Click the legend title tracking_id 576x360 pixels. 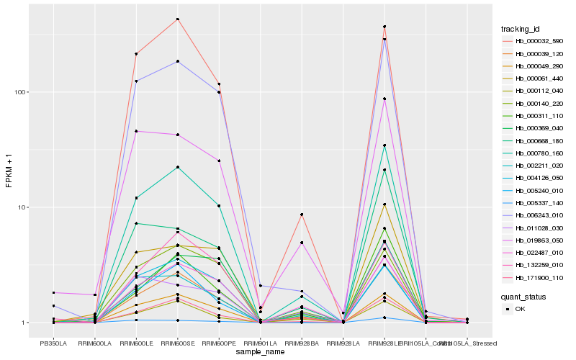click(521, 29)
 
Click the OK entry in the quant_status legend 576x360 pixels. click(520, 309)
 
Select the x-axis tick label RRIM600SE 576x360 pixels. click(177, 343)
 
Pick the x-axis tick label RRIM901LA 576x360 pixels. click(260, 343)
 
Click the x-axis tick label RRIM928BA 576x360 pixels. click(302, 343)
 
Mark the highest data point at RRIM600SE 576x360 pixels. click(177, 19)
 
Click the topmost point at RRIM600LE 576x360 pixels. click(135, 54)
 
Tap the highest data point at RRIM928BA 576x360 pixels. click(302, 215)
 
